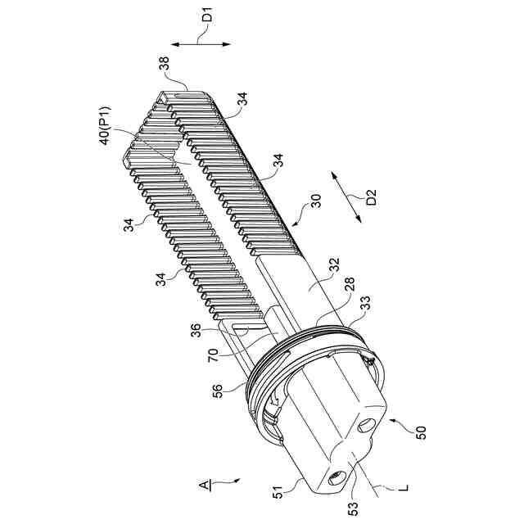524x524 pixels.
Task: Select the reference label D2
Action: coord(371,197)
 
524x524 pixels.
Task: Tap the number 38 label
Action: coord(164,63)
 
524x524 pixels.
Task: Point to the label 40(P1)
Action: coord(105,125)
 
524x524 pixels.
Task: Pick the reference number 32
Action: coord(334,264)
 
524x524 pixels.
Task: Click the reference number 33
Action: coord(365,303)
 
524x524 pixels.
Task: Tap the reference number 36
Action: coord(196,331)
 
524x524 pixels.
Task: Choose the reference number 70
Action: coord(213,355)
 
